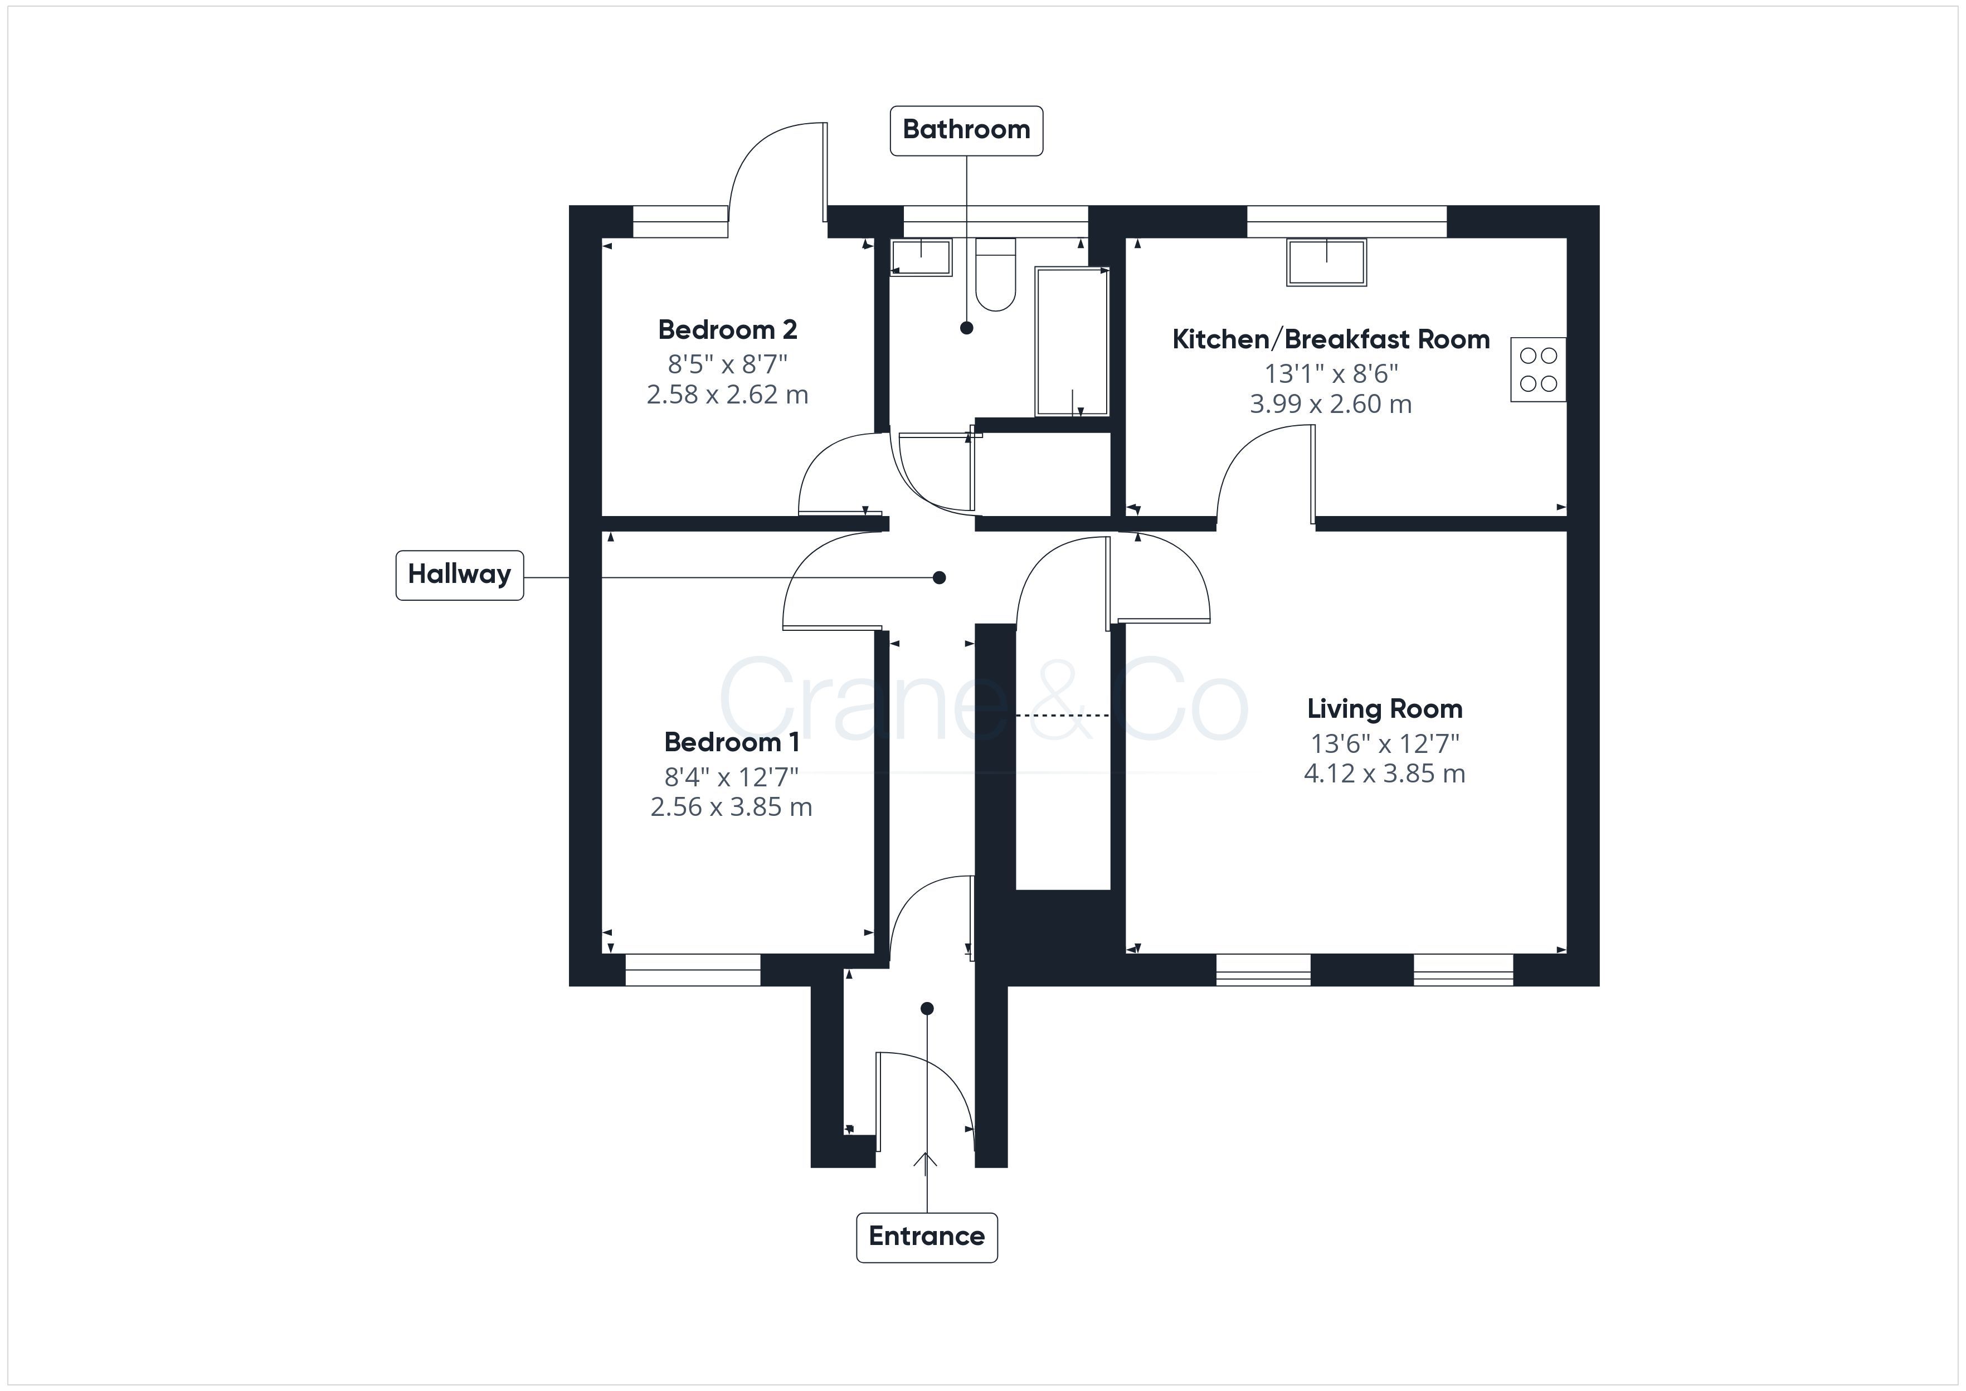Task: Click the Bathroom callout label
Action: (x=966, y=130)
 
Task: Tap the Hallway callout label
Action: (x=459, y=575)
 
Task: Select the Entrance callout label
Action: (x=927, y=1237)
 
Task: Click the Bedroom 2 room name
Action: (x=727, y=330)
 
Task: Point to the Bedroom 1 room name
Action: (x=731, y=742)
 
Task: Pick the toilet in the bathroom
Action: (x=995, y=274)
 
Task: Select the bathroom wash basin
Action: (x=921, y=257)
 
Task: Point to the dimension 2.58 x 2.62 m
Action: (x=727, y=395)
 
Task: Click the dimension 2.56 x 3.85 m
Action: (x=731, y=808)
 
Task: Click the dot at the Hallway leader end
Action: (x=940, y=578)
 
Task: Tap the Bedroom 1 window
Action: (x=693, y=970)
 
